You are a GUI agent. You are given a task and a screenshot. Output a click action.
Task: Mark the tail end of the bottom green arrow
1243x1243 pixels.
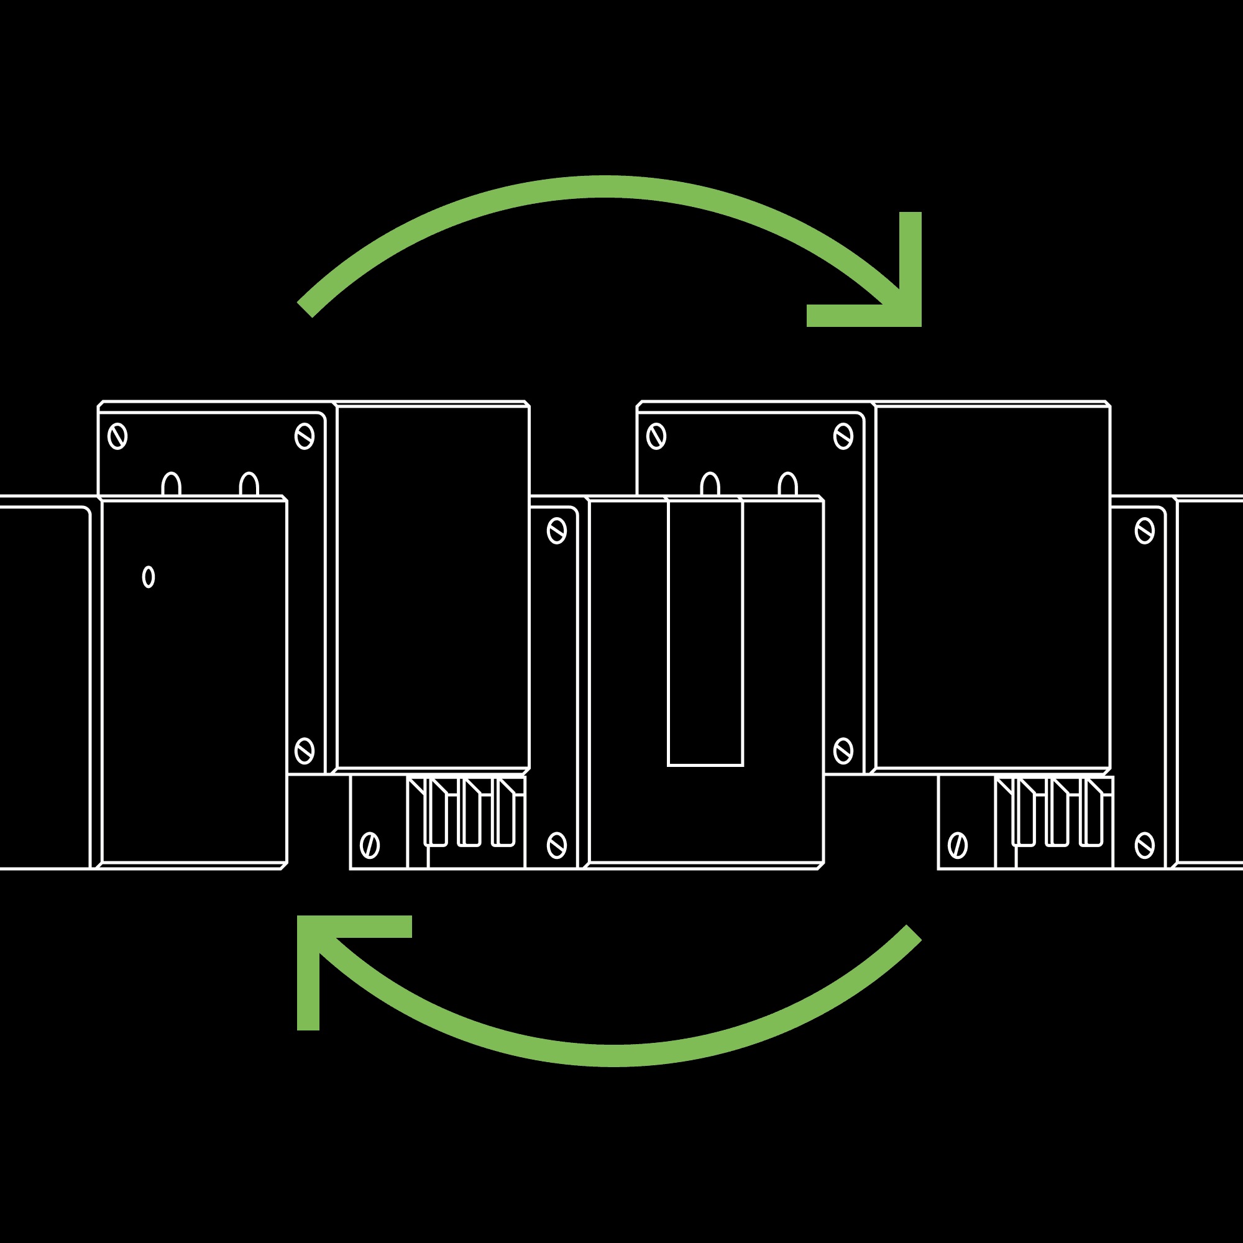coord(914,933)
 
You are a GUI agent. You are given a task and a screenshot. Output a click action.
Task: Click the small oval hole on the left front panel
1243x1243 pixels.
coord(148,577)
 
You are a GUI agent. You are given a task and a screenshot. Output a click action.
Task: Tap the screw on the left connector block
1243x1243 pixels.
coord(369,845)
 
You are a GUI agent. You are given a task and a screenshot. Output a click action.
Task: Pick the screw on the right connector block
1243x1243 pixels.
coord(957,845)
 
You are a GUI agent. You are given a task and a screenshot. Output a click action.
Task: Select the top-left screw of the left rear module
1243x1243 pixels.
coord(117,436)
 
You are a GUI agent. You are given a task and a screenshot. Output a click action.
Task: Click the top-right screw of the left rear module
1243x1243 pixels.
coord(305,436)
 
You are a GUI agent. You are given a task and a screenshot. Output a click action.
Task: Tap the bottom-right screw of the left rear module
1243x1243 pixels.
coord(305,751)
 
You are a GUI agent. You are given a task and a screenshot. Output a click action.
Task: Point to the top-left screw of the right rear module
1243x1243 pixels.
coord(656,436)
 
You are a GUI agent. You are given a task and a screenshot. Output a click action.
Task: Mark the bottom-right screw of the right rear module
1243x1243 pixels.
coord(843,751)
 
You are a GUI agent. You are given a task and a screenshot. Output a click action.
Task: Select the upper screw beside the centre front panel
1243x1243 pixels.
coord(556,531)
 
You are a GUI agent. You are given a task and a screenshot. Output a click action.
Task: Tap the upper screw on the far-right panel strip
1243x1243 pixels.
coord(1145,531)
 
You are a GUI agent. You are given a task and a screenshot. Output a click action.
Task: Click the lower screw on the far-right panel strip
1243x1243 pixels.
coord(1145,845)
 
